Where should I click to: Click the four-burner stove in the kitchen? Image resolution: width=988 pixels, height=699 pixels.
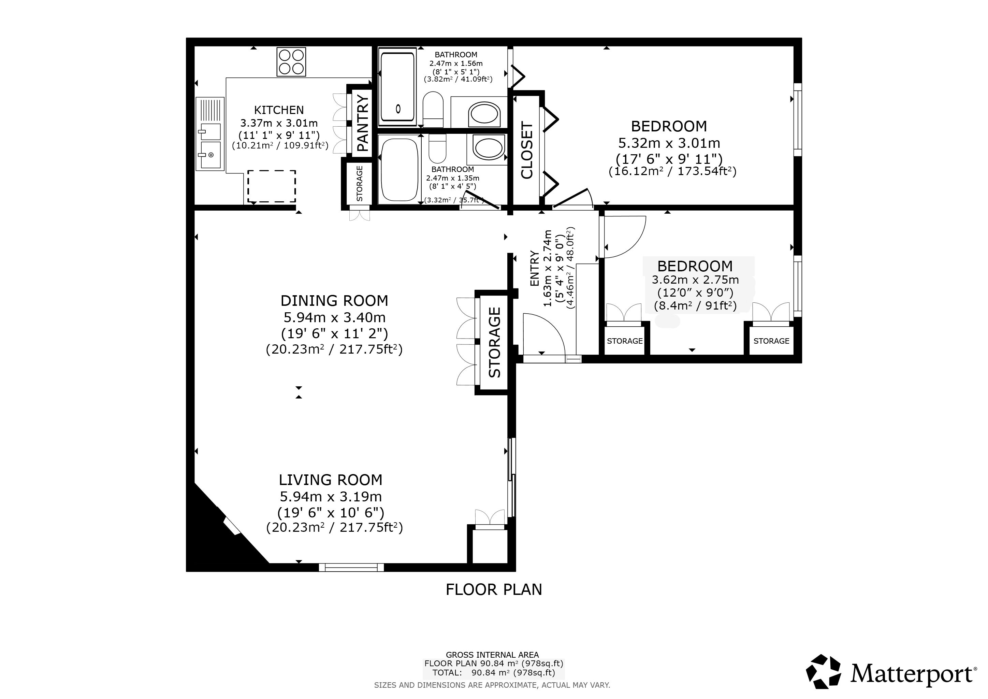[x=291, y=62]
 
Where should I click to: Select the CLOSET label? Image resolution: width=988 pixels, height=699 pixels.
[x=527, y=150]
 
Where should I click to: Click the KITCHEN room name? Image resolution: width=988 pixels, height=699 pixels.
[x=279, y=110]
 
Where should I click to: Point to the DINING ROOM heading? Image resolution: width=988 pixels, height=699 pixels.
[x=334, y=300]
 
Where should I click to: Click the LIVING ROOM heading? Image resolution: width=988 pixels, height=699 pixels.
[x=331, y=480]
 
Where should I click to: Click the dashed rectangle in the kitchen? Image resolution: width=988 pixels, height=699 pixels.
[x=272, y=186]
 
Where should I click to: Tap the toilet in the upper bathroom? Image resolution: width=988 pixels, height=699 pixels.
[x=433, y=109]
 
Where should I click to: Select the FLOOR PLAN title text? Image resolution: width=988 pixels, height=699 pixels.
[x=494, y=589]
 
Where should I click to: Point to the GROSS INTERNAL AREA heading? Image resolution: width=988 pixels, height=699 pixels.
[x=492, y=655]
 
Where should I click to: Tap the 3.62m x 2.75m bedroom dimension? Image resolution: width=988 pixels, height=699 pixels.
[x=695, y=280]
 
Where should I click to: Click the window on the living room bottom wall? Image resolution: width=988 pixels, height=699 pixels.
[x=351, y=567]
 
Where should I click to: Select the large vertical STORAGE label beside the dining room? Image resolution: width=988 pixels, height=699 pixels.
[x=495, y=342]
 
